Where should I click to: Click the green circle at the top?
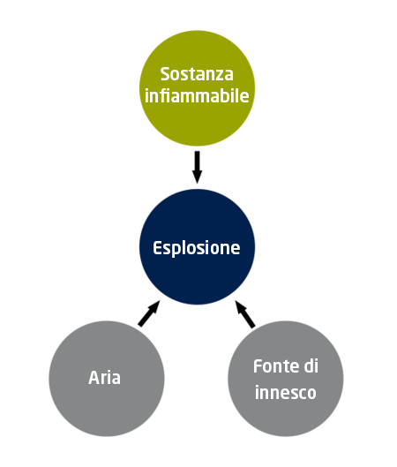pyautogui.click(x=197, y=88)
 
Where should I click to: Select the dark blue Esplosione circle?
pyautogui.click(x=197, y=247)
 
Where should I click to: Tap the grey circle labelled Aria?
pyautogui.click(x=107, y=379)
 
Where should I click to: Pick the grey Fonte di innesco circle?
pyautogui.click(x=286, y=379)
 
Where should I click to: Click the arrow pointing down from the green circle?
pyautogui.click(x=197, y=167)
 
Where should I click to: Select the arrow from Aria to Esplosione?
pyautogui.click(x=149, y=313)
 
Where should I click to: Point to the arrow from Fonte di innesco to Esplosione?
pyautogui.click(x=245, y=314)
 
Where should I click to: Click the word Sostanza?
pyautogui.click(x=197, y=74)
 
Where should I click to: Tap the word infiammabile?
pyautogui.click(x=197, y=95)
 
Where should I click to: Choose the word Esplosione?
pyautogui.click(x=197, y=248)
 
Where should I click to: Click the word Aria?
pyautogui.click(x=104, y=378)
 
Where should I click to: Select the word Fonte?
pyautogui.click(x=275, y=366)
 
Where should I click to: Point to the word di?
pyautogui.click(x=311, y=366)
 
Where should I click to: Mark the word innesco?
pyautogui.click(x=286, y=392)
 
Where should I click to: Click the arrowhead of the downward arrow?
pyautogui.click(x=197, y=177)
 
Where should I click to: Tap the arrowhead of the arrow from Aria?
pyautogui.click(x=154, y=306)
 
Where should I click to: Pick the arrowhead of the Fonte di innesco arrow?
pyautogui.click(x=240, y=306)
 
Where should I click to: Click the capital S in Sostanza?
pyautogui.click(x=165, y=74)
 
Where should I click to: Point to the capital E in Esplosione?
pyautogui.click(x=157, y=248)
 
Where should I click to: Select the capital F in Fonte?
pyautogui.click(x=258, y=366)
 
